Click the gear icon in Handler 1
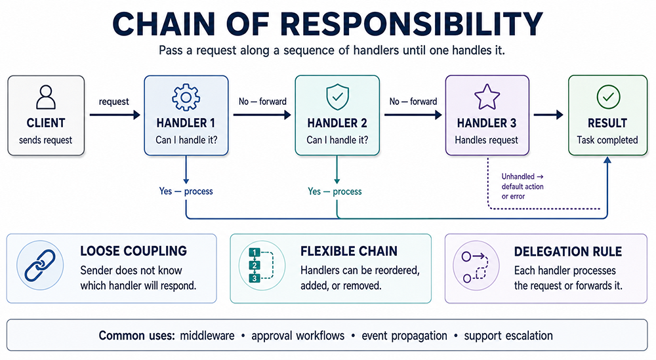pos(186,98)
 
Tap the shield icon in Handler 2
pos(337,97)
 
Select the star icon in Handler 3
pos(487,97)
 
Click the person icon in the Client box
pos(46,98)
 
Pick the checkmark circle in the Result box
pos(608,97)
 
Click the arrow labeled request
pos(115,115)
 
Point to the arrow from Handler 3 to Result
pos(548,115)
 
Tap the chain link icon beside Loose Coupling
pos(40,265)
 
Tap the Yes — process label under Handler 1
pos(186,191)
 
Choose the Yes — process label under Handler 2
pos(335,191)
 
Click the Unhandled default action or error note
pos(523,186)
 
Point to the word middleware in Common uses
pos(207,336)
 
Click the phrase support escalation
pos(508,336)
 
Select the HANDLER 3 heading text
pos(487,123)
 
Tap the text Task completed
pos(607,140)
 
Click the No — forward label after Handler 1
pos(262,101)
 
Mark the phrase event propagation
pos(405,336)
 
